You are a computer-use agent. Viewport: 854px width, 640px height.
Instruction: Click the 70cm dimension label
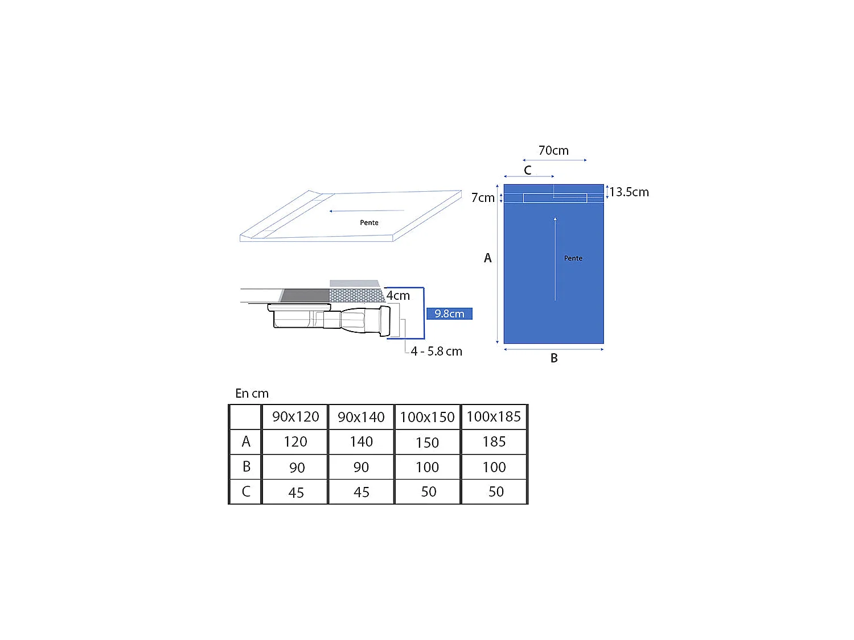[x=553, y=151]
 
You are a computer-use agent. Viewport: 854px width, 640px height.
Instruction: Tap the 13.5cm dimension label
[x=629, y=192]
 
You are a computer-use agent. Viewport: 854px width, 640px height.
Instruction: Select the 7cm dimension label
[x=483, y=198]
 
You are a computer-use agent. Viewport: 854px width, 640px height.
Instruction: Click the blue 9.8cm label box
[x=449, y=313]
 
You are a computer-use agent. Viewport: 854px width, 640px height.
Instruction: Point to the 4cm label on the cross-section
[x=398, y=296]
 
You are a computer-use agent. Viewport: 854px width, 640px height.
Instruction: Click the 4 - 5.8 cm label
[x=436, y=352]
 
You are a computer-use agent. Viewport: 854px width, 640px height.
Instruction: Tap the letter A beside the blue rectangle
[x=487, y=258]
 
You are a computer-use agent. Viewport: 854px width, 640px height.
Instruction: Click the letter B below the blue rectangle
[x=554, y=358]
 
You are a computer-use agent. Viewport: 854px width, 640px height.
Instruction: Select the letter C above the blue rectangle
[x=527, y=170]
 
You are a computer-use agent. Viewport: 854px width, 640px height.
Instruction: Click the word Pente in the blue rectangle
[x=573, y=258]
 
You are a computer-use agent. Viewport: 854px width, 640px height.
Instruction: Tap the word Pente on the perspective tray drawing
[x=369, y=222]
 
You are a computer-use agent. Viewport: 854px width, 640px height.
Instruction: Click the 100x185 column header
[x=494, y=417]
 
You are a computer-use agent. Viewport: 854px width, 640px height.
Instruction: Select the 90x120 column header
[x=295, y=417]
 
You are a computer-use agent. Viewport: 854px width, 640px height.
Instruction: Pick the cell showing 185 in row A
[x=494, y=442]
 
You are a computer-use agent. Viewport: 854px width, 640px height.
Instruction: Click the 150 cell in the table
[x=427, y=443]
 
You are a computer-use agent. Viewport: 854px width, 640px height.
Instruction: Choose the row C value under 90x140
[x=362, y=492]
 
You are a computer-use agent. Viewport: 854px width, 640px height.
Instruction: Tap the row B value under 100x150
[x=427, y=468]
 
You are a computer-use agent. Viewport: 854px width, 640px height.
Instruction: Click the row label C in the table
[x=246, y=492]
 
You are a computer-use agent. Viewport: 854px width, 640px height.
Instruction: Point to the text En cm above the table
[x=252, y=394]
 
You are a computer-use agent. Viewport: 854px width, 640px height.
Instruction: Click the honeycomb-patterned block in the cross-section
[x=356, y=295]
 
